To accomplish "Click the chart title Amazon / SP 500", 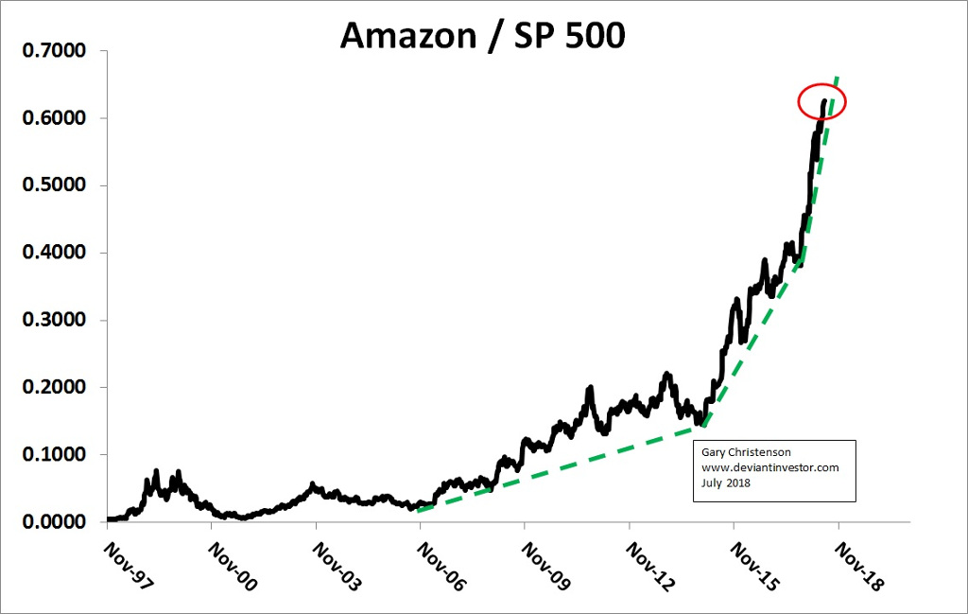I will point(482,35).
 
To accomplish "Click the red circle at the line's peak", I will point(821,102).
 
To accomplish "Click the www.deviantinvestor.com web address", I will point(769,467).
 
